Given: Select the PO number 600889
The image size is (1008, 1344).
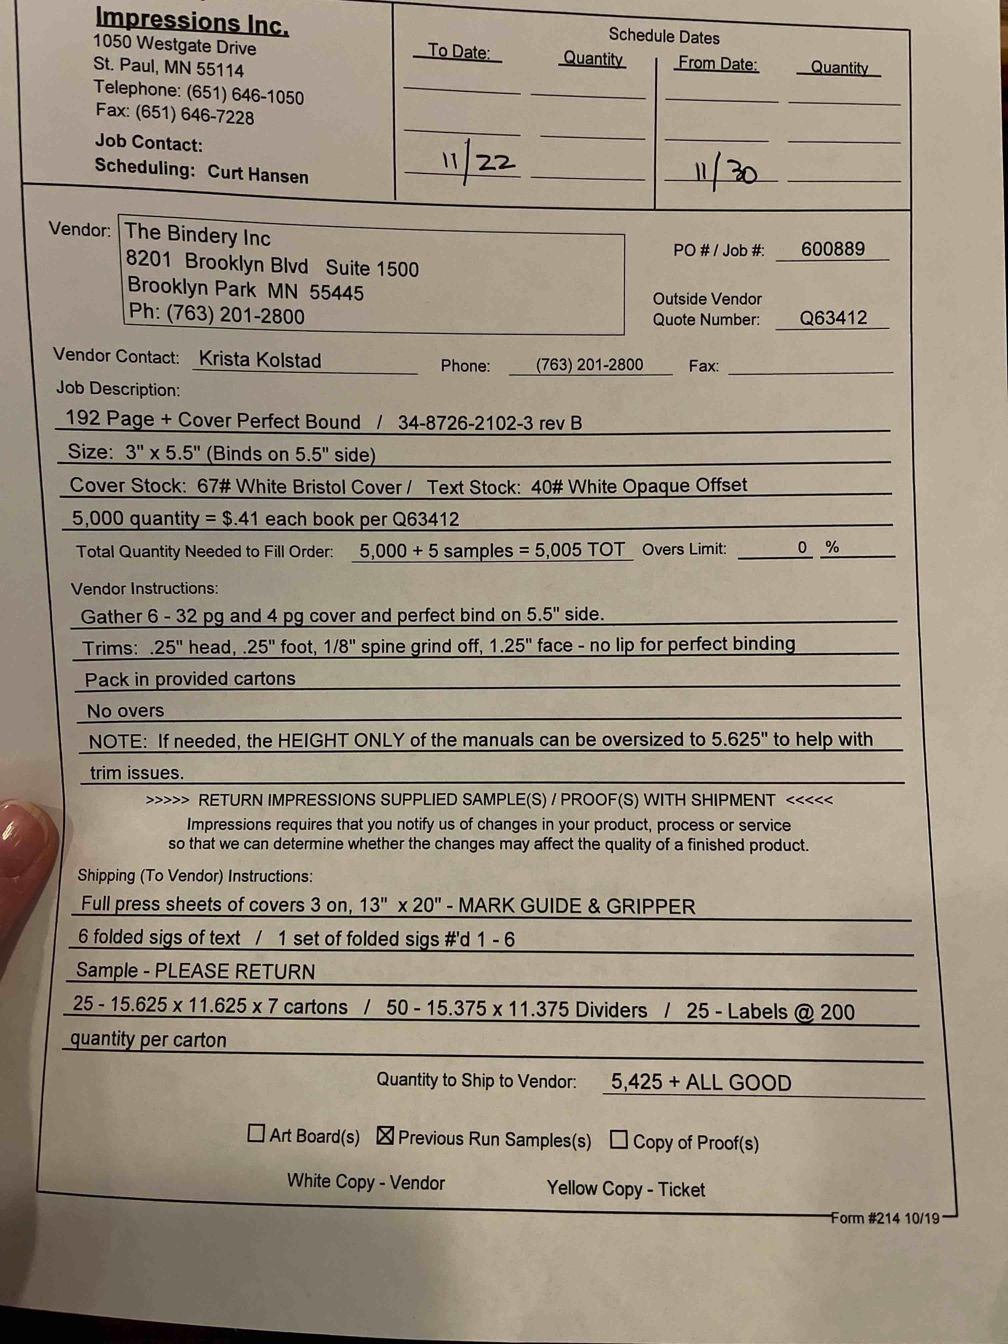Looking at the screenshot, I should coord(832,249).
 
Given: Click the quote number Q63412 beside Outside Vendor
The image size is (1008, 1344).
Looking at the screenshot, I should coord(832,318).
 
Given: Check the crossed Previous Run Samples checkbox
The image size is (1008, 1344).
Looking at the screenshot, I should coord(385,1135).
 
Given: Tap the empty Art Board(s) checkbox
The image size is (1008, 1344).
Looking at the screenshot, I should coord(256,1133).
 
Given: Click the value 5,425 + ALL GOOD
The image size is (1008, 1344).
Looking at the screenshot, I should coord(701,1082).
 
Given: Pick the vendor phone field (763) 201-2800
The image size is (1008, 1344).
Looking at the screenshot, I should coord(589,365).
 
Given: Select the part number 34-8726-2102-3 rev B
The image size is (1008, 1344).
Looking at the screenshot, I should coord(490,423).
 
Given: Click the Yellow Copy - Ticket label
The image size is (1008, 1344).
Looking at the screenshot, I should coord(625,1188).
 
